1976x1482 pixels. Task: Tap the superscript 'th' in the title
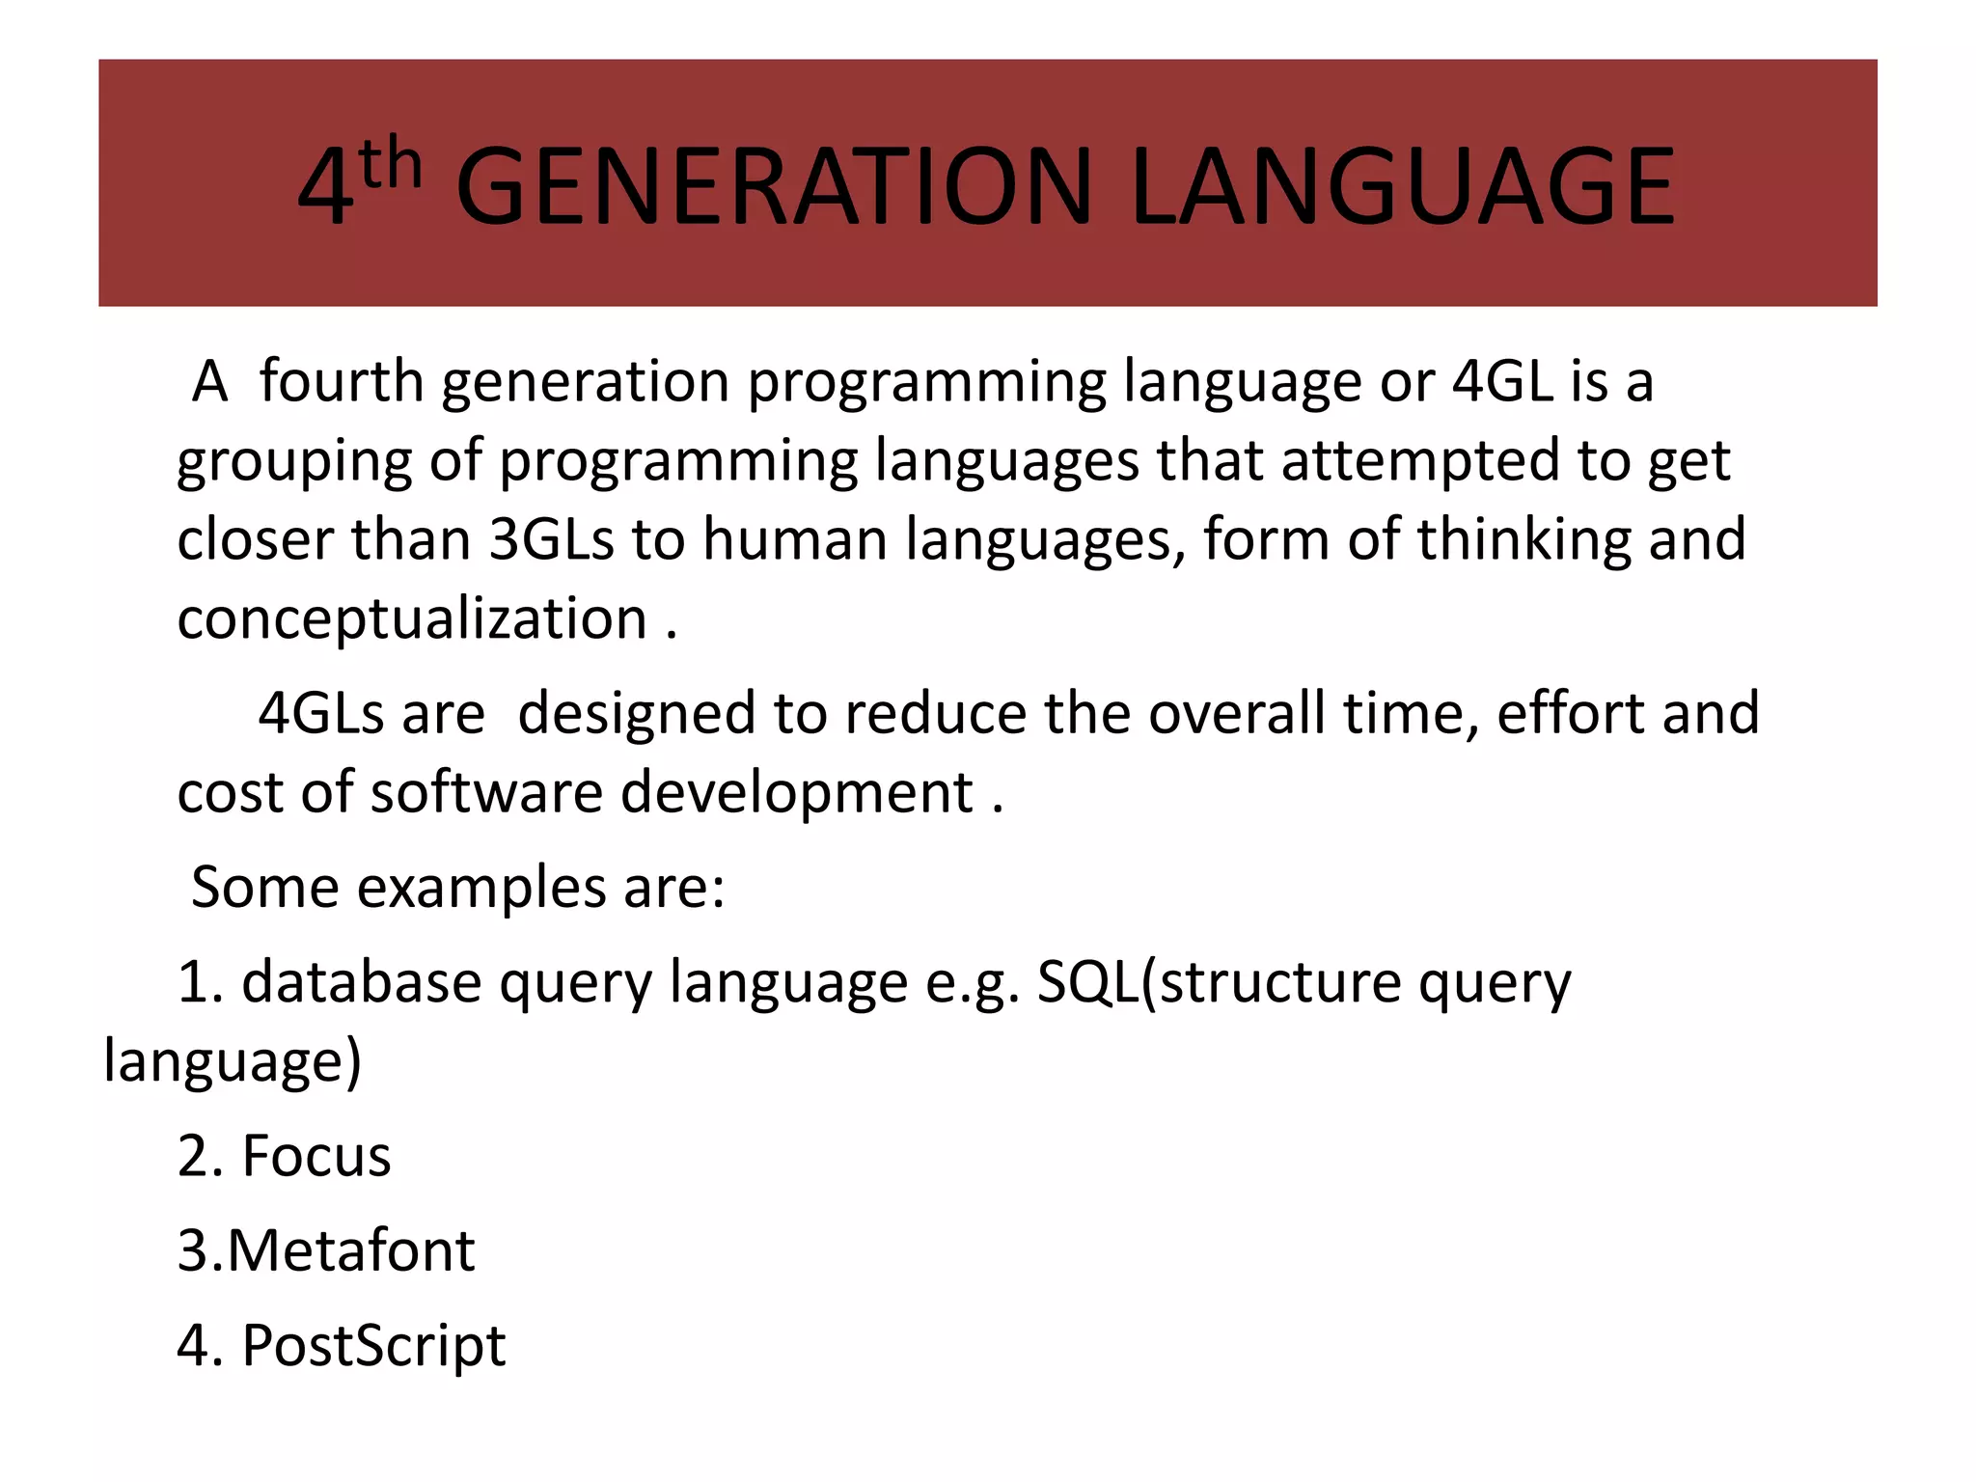(391, 164)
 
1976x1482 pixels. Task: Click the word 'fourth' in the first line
(342, 381)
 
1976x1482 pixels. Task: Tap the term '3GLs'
(551, 539)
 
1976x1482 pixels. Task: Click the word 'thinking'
(1523, 539)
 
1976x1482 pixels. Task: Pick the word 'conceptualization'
(412, 620)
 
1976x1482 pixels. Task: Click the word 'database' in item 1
(361, 983)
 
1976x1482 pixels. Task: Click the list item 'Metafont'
(351, 1251)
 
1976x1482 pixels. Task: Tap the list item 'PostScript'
(373, 1347)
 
